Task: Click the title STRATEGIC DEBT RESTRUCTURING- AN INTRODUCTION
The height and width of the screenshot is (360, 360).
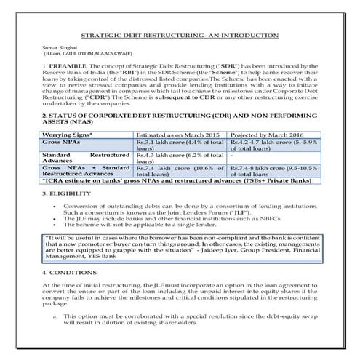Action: pos(180,35)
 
